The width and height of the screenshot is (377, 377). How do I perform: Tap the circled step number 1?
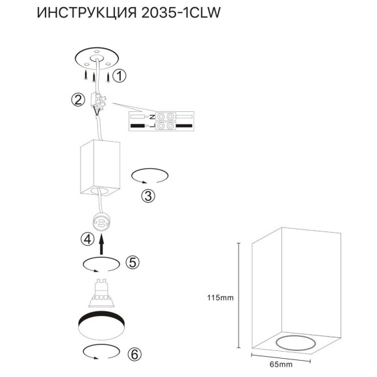[119, 77]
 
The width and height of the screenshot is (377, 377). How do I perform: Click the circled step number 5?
[132, 262]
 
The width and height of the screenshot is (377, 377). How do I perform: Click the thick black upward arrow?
[101, 244]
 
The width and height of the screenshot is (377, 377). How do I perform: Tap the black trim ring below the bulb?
[101, 322]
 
